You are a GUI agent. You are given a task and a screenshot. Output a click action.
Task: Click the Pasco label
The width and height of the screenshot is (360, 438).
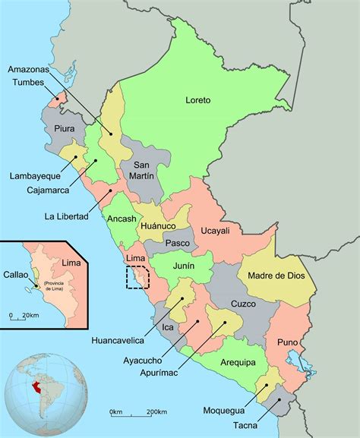[x=177, y=243]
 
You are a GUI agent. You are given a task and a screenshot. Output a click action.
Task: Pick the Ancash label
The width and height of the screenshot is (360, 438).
[x=122, y=219]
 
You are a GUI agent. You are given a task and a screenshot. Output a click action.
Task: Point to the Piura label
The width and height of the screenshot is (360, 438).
[x=65, y=129]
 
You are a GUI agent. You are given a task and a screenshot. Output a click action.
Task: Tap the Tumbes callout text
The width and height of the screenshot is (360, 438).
[x=28, y=82]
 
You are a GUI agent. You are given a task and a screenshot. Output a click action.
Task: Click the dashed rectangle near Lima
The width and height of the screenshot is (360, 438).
[x=137, y=277]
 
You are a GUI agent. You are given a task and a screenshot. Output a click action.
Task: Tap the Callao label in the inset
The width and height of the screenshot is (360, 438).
[x=16, y=275]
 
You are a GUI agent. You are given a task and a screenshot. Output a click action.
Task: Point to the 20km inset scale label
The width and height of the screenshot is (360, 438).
[x=30, y=315]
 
